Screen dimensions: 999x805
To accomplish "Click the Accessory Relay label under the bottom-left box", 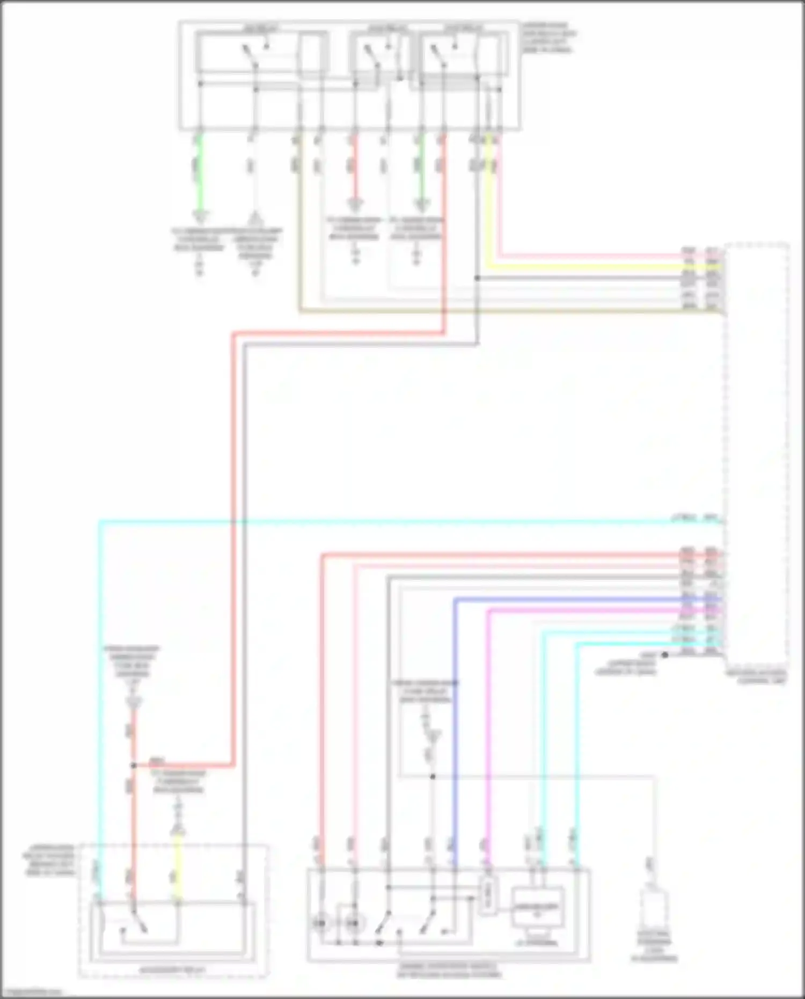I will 172,970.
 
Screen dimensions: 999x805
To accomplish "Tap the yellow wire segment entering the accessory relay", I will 177,870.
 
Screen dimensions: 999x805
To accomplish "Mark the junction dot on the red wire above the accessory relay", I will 133,764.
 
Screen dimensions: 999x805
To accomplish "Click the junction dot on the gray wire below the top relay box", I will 477,278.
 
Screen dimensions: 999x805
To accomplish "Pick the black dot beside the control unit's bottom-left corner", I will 664,654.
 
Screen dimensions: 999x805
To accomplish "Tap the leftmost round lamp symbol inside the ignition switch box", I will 320,923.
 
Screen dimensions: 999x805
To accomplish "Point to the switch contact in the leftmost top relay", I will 250,55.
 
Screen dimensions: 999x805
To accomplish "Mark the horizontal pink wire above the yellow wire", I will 590,256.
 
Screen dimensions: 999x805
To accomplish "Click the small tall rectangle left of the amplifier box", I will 486,896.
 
